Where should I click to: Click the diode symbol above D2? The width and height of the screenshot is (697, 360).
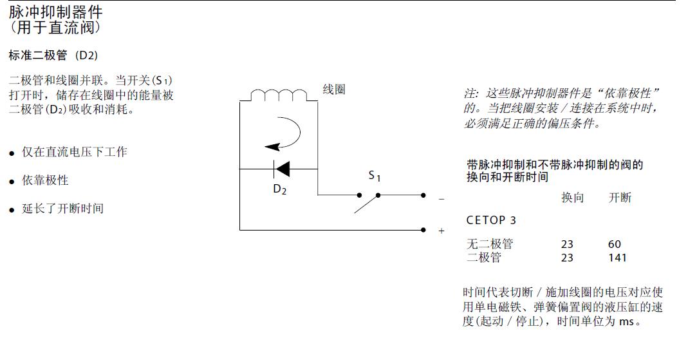click(x=281, y=169)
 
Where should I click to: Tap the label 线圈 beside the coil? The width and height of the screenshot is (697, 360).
click(x=334, y=90)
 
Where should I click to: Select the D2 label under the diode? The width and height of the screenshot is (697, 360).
click(x=279, y=189)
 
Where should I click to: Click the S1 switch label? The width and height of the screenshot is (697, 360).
click(x=375, y=176)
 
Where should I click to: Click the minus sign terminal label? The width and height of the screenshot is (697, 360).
click(x=441, y=199)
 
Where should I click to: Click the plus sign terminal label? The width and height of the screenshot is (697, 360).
click(x=441, y=231)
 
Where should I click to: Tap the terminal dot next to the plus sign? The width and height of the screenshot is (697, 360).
click(x=423, y=230)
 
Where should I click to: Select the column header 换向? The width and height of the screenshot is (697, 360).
click(x=572, y=198)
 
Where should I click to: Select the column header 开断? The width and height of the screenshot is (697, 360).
click(x=620, y=198)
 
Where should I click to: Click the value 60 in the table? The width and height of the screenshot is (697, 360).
click(x=615, y=244)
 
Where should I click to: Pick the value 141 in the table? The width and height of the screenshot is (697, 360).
click(x=617, y=258)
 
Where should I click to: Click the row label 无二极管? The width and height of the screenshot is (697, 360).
click(x=489, y=244)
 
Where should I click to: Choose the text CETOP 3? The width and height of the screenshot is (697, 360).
click(x=491, y=220)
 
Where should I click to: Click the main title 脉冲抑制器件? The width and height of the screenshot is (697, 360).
click(x=55, y=12)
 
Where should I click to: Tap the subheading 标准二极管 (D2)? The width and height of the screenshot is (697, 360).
click(x=53, y=55)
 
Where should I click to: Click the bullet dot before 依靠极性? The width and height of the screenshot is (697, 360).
click(x=12, y=182)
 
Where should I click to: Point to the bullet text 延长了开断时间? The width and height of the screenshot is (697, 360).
click(x=62, y=208)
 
